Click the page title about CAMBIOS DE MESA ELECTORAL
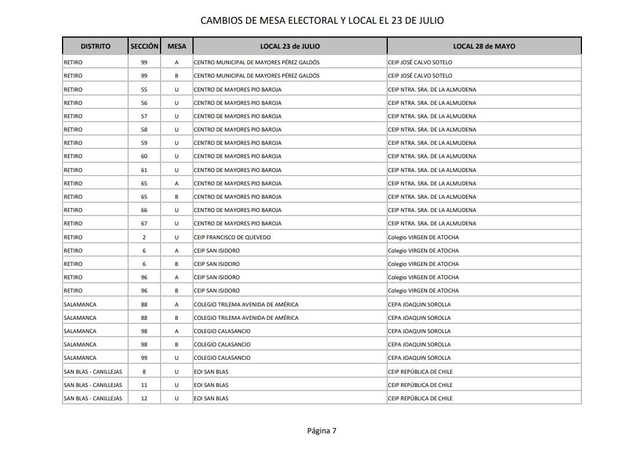tap(322, 20)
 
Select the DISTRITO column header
tap(95, 46)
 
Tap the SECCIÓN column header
tap(144, 46)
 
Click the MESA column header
tap(177, 46)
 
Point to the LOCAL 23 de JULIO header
tap(290, 46)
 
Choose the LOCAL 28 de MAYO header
tap(484, 46)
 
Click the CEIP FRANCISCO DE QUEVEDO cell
tap(232, 237)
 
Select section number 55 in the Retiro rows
tap(144, 90)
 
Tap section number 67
tap(144, 224)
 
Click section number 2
tap(144, 237)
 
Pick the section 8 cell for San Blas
tap(144, 371)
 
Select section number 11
tap(144, 385)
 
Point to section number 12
tap(144, 399)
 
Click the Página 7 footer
tap(322, 430)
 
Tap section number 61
tap(144, 170)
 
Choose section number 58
tap(144, 130)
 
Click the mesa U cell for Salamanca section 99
tap(177, 358)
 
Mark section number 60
tap(144, 156)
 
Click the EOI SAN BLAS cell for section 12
tap(211, 399)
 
